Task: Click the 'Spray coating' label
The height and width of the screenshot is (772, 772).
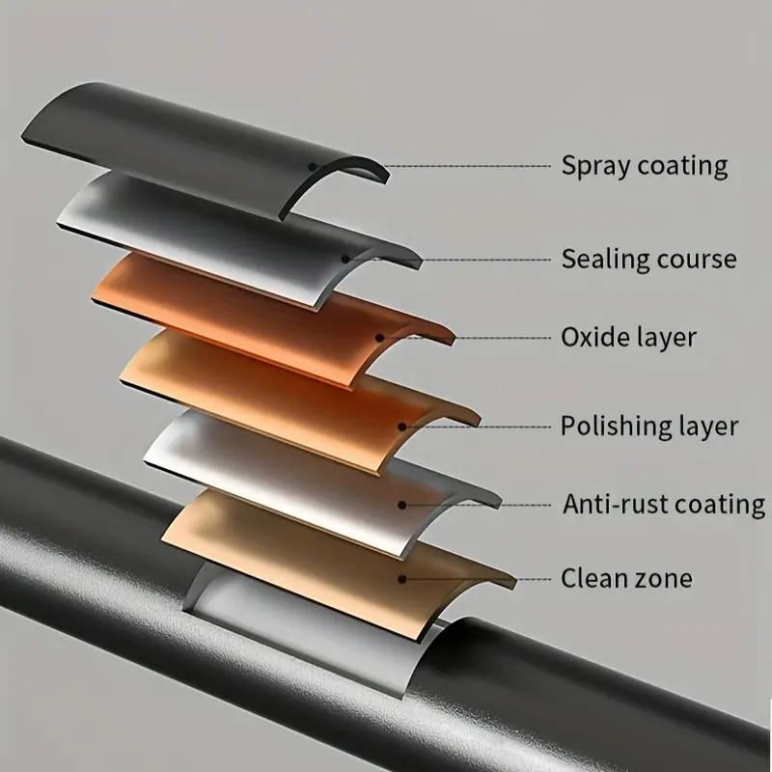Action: coord(644,166)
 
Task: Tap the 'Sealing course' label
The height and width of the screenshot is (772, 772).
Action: coord(648,259)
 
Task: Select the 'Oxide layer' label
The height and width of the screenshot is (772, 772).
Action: coord(628,338)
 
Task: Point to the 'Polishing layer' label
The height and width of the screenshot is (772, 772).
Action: coord(649,426)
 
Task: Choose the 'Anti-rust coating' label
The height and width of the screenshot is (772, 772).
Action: coord(663,504)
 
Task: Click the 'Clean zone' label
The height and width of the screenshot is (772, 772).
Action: coord(626,579)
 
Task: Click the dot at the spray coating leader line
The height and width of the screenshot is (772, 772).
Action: coord(313,166)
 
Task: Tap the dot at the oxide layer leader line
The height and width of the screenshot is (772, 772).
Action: coord(380,338)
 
